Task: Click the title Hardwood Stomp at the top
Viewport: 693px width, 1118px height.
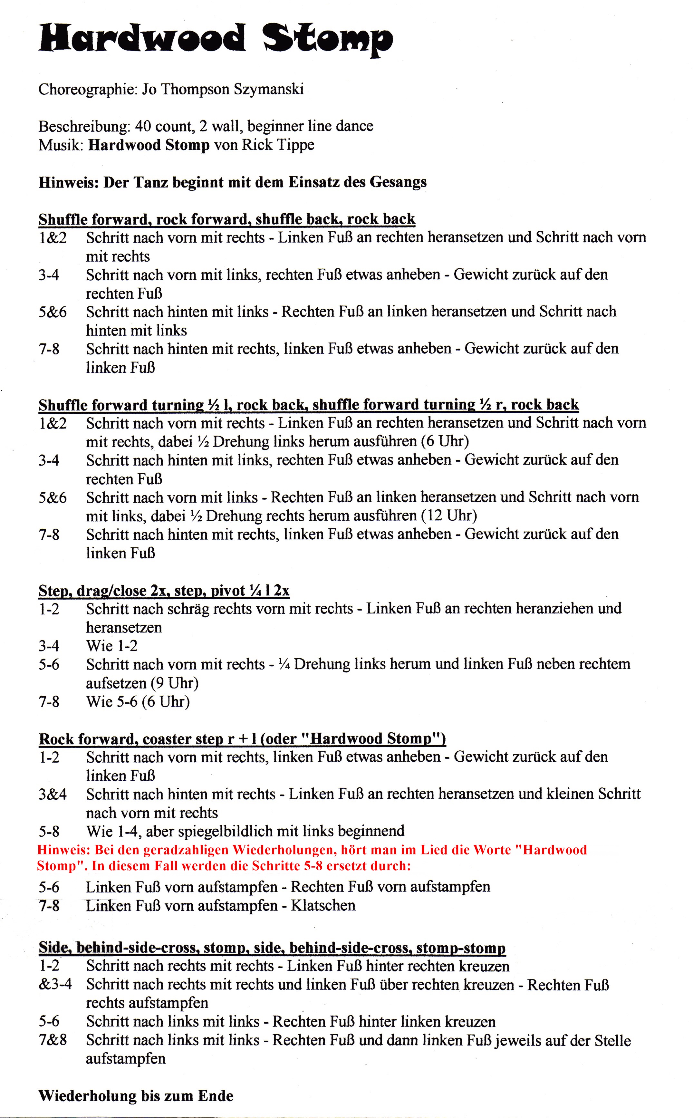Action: click(216, 39)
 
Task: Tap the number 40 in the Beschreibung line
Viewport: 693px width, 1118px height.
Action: click(143, 126)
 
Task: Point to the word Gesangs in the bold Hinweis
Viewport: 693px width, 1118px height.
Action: click(398, 182)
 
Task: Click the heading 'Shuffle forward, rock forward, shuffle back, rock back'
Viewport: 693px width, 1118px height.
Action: click(227, 219)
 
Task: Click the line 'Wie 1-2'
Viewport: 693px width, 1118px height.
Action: click(112, 646)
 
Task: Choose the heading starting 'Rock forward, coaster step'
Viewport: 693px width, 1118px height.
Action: click(242, 739)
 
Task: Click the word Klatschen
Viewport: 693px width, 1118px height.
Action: click(323, 905)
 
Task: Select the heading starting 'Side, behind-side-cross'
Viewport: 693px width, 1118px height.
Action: click(272, 948)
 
